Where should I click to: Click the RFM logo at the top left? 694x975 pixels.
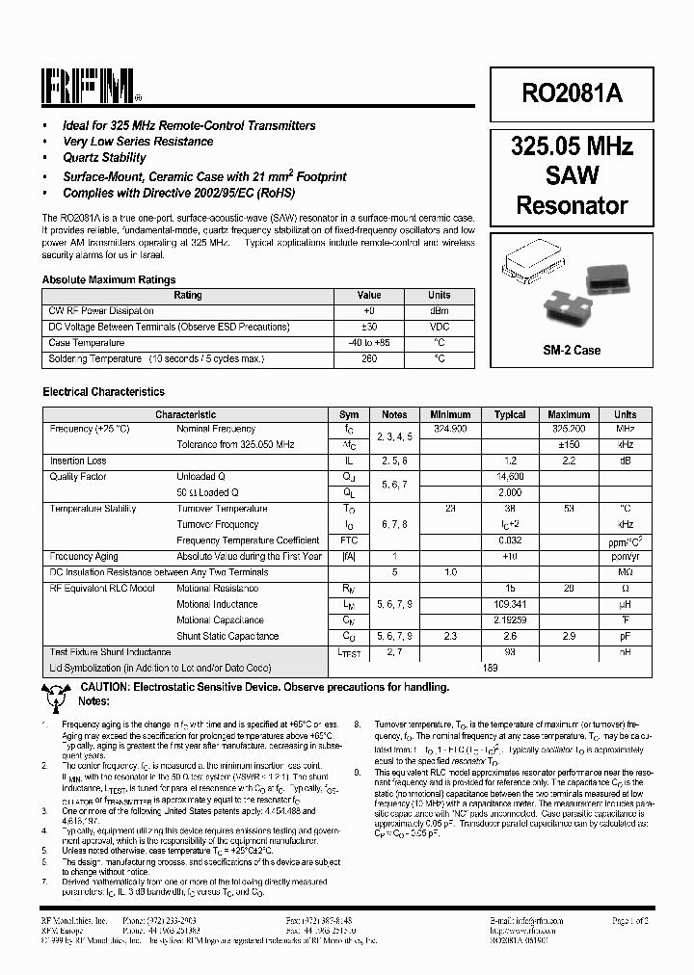[x=91, y=88]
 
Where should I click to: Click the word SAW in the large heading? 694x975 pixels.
[x=572, y=175]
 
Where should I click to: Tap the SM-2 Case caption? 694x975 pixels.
[x=572, y=350]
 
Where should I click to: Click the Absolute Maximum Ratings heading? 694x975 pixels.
[x=109, y=280]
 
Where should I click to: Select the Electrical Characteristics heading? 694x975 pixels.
[x=103, y=392]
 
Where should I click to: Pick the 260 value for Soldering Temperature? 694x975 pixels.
[x=369, y=358]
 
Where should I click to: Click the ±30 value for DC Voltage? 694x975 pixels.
[x=369, y=327]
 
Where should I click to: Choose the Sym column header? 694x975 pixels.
[x=349, y=414]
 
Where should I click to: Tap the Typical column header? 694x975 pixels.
[x=510, y=414]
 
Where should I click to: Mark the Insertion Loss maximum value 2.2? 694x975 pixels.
[x=569, y=461]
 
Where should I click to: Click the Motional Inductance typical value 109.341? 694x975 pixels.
[x=510, y=604]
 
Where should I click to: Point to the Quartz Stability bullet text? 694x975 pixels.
[x=104, y=157]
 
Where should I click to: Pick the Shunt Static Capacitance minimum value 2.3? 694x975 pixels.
[x=450, y=636]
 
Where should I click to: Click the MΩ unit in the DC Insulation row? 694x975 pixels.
[x=625, y=572]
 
